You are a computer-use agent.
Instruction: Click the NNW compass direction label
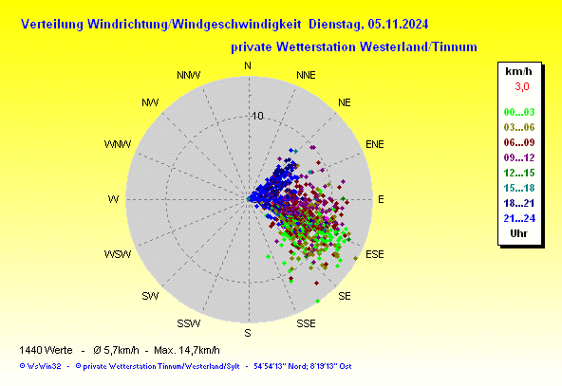click(189, 75)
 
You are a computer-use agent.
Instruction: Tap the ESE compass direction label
click(375, 254)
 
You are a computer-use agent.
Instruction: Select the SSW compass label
click(189, 323)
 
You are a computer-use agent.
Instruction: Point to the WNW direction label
click(118, 144)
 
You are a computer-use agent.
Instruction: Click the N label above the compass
click(248, 65)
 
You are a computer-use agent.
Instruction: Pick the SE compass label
click(345, 296)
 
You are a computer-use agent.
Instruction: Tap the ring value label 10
click(257, 116)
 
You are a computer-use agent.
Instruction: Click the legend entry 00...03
click(519, 112)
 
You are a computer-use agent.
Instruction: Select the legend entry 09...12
click(519, 157)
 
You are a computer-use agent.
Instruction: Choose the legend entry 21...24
click(519, 218)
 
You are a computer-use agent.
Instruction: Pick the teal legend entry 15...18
click(519, 188)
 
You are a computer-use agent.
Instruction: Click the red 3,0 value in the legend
click(522, 86)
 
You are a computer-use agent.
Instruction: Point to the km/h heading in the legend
click(518, 71)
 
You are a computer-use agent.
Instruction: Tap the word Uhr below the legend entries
click(518, 233)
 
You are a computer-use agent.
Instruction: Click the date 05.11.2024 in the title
click(398, 25)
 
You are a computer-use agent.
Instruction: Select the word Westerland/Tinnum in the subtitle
click(419, 46)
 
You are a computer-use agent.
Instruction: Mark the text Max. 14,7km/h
click(187, 350)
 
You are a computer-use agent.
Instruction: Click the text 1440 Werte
click(46, 350)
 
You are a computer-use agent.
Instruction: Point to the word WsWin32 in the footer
click(44, 366)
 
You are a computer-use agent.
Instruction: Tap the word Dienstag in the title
click(337, 25)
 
